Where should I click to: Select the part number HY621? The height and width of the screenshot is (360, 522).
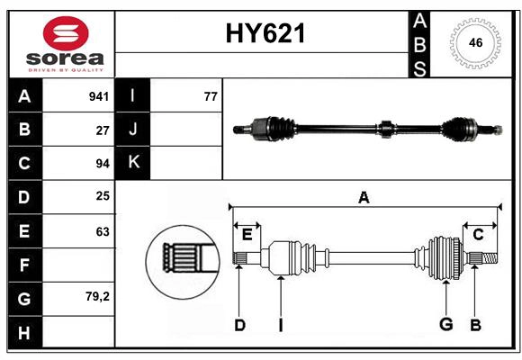coord(264,34)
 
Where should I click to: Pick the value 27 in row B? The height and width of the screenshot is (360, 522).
coord(103,130)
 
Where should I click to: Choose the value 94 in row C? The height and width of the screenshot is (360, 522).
coord(103,164)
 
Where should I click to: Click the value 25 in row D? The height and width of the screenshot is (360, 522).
coord(103,196)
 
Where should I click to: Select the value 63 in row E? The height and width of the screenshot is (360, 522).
coord(103,231)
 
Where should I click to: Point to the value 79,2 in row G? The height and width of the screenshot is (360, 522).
coord(97,296)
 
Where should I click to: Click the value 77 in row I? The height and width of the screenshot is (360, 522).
coord(211,96)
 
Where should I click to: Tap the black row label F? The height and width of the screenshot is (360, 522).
coord(24,265)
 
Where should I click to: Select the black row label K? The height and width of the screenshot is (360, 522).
coord(133,163)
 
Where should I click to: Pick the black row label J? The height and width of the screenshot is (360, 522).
coord(133,130)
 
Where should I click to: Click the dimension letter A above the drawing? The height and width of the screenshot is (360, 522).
coord(364,198)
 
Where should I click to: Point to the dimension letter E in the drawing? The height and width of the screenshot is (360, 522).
coord(247,235)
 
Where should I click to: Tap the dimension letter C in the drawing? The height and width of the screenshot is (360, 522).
coord(478,235)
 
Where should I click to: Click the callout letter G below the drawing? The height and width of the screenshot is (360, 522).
coord(445,325)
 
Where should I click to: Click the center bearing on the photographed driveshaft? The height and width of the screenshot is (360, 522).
coord(385,129)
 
